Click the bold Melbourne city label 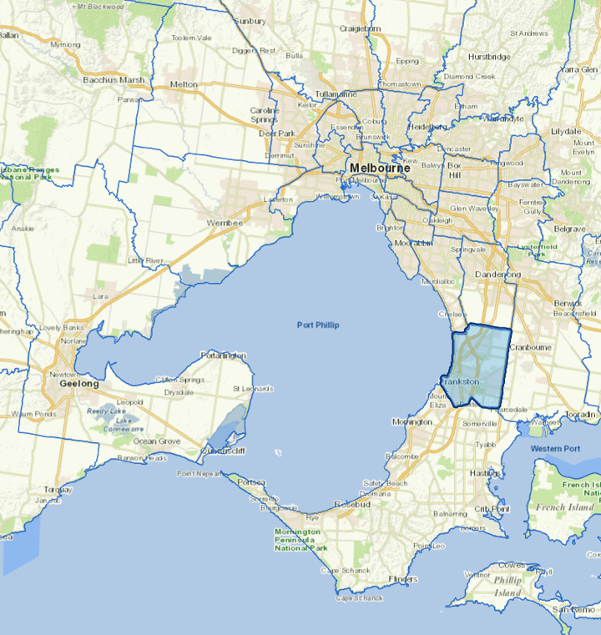click(x=380, y=168)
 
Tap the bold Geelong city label click(x=79, y=384)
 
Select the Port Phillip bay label click(x=318, y=324)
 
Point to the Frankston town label click(x=460, y=381)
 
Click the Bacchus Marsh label click(x=114, y=80)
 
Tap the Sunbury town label click(x=250, y=20)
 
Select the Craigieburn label click(x=361, y=28)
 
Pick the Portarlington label click(x=225, y=355)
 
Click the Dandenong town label click(x=498, y=275)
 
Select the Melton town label click(x=184, y=84)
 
